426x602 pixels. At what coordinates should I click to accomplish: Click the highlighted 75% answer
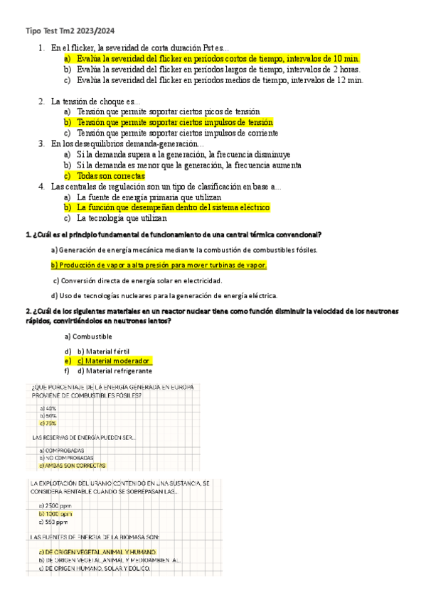49,423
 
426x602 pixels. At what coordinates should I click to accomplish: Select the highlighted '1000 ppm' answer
57,513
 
